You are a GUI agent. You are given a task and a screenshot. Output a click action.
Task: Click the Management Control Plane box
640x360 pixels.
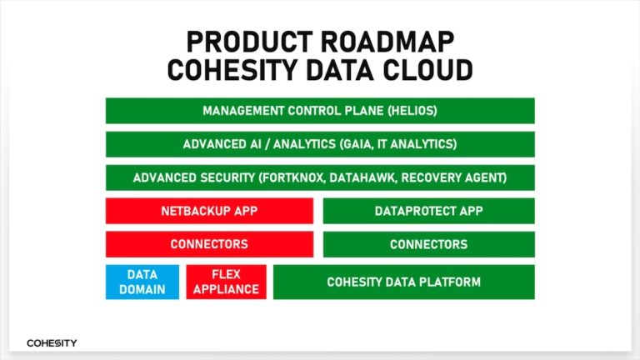click(x=320, y=111)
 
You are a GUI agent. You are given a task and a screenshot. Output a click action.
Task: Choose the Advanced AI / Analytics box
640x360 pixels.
click(x=320, y=144)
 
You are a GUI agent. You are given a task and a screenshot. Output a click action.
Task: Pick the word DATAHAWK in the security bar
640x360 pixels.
click(x=380, y=177)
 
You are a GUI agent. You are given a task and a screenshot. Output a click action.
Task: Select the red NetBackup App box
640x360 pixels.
click(x=209, y=211)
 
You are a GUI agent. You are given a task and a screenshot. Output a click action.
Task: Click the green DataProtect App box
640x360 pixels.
click(x=428, y=211)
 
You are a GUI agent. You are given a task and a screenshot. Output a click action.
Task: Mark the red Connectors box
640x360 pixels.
click(x=209, y=244)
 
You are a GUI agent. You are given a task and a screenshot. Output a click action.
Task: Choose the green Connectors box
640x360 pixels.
click(x=428, y=244)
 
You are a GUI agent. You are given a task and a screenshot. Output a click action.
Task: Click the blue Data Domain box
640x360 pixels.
click(x=142, y=282)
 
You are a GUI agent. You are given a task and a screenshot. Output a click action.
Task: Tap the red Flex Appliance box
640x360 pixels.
click(x=227, y=282)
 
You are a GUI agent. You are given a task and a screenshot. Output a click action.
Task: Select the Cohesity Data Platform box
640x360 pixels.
click(x=403, y=282)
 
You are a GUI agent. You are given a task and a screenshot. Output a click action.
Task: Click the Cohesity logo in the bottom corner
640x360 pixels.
click(x=52, y=342)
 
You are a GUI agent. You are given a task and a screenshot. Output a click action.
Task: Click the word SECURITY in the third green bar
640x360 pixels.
click(x=218, y=177)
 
